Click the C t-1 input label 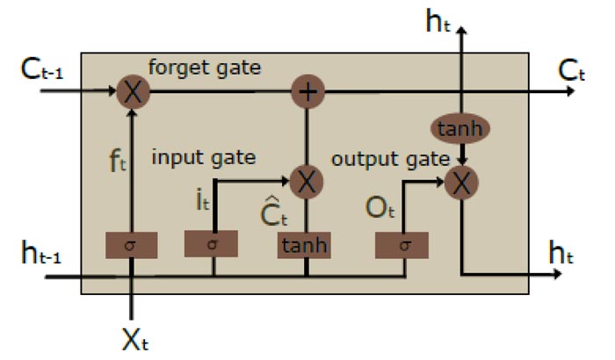[42, 69]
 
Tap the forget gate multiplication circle [132, 90]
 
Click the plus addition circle [306, 90]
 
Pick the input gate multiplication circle [306, 182]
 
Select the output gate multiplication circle [460, 182]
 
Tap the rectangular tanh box [306, 245]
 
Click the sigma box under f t [132, 245]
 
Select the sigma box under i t [211, 245]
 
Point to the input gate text [204, 158]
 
